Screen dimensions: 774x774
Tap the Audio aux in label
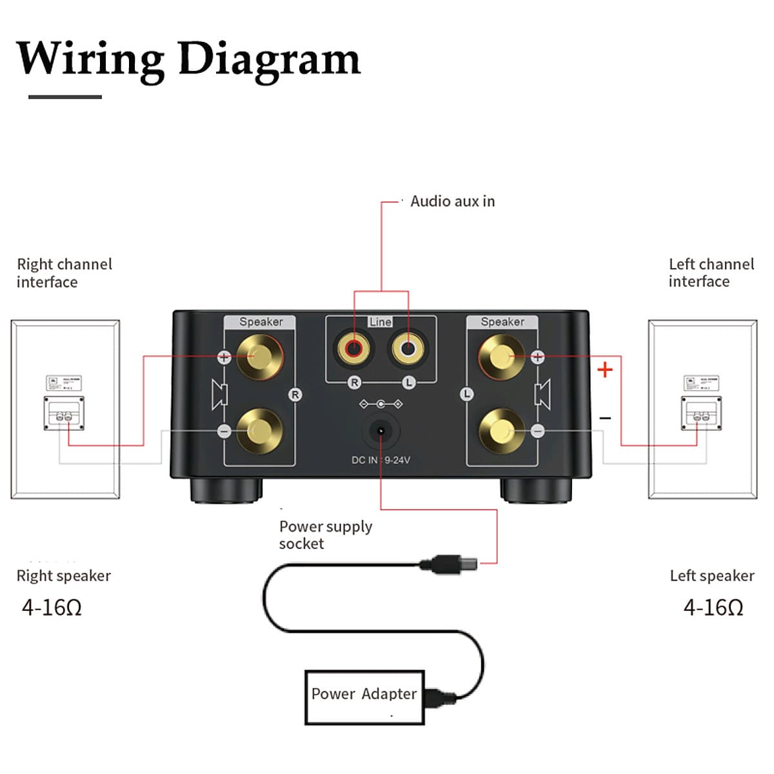click(x=452, y=201)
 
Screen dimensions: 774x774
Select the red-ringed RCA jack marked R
click(x=353, y=349)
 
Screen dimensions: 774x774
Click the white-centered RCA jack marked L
click(x=408, y=349)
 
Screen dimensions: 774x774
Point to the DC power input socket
click(x=381, y=431)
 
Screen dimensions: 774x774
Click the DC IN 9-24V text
click(x=381, y=460)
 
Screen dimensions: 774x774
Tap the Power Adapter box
click(x=364, y=697)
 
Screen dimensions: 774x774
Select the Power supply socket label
click(x=325, y=535)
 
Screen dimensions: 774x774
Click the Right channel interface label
click(x=64, y=273)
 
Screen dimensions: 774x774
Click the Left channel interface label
click(x=711, y=272)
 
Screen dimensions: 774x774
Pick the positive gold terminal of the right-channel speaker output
click(x=259, y=357)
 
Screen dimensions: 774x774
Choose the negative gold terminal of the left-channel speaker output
click(x=502, y=430)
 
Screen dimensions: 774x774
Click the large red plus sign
click(x=604, y=370)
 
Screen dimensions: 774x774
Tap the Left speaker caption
click(x=711, y=575)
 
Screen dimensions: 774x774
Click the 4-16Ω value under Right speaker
click(x=52, y=607)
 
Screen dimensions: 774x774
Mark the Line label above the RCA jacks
click(x=380, y=321)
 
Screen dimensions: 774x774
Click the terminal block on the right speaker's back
click(x=64, y=413)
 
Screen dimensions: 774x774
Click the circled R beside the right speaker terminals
click(x=295, y=395)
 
